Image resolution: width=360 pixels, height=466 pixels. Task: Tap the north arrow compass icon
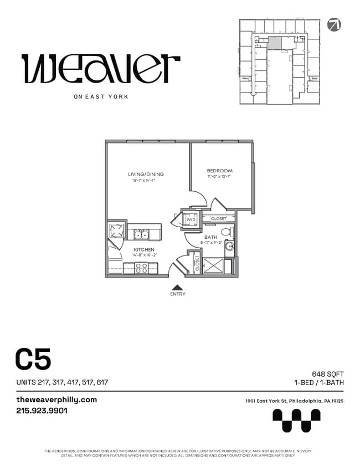point(334,24)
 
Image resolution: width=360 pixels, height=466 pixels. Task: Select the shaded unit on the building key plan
point(274,44)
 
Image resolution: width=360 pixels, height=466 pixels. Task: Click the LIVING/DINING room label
point(146,174)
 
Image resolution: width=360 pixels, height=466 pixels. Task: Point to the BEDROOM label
point(219,171)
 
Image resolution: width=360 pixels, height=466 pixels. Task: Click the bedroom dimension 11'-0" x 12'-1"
point(219,177)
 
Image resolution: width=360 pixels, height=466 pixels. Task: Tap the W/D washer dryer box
point(191,219)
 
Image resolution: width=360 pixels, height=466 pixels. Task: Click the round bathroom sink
point(230,246)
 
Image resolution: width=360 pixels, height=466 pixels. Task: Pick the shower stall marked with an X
point(213,265)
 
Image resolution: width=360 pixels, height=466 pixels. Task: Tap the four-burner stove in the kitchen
point(141,268)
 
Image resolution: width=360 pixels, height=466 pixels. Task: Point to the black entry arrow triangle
point(177,287)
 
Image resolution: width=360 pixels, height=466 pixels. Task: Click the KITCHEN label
point(143,250)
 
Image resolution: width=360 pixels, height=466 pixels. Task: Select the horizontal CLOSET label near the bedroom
point(218,219)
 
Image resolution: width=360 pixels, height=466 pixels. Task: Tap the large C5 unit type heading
point(33,359)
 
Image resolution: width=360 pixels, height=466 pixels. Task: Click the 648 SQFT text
point(328,374)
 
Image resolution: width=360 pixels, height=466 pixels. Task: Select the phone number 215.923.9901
point(42,411)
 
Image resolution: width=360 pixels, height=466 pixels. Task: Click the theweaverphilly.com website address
point(56,400)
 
